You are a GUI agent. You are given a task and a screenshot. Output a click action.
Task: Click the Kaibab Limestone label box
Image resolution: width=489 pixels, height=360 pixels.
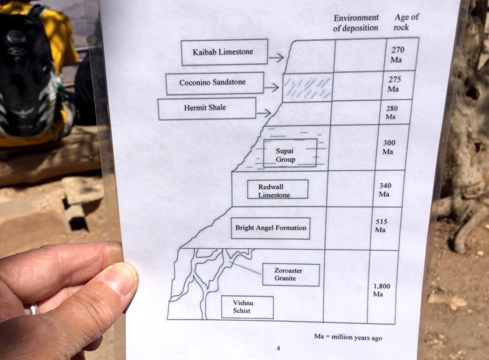[224, 52]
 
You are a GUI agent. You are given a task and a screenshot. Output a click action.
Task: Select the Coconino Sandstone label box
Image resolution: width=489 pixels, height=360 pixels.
[215, 83]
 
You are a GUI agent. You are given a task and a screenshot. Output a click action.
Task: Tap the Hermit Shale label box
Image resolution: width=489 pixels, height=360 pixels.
[207, 109]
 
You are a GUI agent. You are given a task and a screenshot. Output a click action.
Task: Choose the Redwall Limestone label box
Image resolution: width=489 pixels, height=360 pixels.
[277, 189]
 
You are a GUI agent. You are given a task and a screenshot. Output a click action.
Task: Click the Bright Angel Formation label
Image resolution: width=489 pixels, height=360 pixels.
[271, 228]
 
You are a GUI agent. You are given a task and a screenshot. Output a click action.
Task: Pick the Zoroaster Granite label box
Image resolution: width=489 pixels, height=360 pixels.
[291, 275]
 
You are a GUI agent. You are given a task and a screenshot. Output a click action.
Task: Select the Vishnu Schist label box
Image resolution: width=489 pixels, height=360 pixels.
[247, 307]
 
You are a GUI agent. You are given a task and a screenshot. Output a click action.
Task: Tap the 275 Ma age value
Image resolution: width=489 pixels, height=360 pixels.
[395, 84]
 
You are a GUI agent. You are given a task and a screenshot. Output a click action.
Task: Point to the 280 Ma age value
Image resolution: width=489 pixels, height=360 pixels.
[392, 112]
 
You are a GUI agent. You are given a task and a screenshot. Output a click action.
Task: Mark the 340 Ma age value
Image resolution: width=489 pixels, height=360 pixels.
[385, 190]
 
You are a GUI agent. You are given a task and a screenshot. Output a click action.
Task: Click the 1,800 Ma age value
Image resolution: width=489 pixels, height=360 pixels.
[381, 290]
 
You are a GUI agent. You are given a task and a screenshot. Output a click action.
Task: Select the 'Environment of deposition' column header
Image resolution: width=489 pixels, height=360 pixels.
[356, 23]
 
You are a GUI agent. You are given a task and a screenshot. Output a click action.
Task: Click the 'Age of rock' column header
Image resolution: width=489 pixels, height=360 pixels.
[406, 22]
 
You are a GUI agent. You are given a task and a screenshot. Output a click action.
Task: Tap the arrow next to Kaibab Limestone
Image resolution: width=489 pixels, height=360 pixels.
[276, 57]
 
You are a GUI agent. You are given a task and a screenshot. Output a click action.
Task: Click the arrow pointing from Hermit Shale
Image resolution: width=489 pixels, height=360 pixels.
[263, 113]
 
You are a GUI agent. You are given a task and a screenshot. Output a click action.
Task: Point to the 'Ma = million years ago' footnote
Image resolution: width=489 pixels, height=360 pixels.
[348, 337]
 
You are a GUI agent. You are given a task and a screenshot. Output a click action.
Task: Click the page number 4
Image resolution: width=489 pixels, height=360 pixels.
[278, 348]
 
